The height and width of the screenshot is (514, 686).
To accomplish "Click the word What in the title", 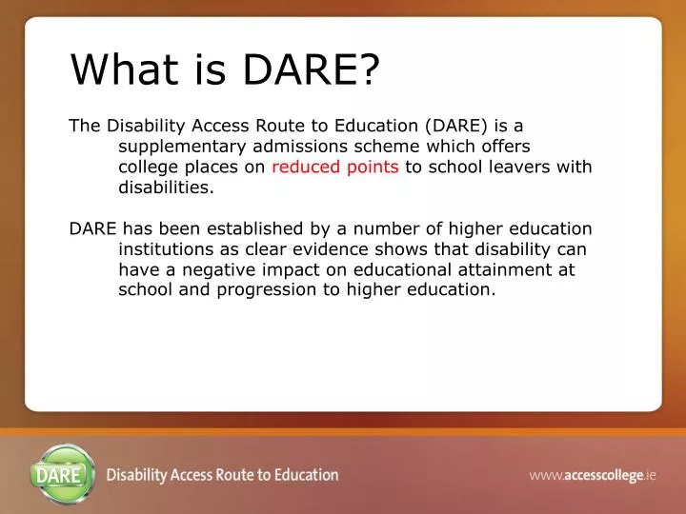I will [x=114, y=69].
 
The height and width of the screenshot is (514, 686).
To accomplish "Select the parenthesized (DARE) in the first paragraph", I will [x=460, y=126].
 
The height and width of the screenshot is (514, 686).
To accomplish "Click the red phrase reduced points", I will [x=335, y=168].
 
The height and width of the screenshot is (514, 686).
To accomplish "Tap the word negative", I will [x=210, y=270].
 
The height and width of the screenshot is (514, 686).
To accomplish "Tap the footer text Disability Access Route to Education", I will [x=222, y=474].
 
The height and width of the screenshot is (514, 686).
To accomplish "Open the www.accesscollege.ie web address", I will [x=593, y=474].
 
